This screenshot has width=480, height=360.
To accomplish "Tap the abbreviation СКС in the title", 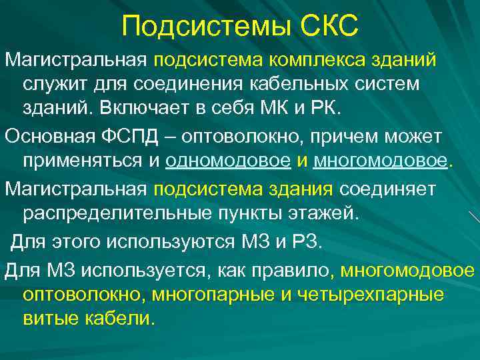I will tap(327, 26).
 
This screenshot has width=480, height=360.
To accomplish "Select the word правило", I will tap(299, 269).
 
